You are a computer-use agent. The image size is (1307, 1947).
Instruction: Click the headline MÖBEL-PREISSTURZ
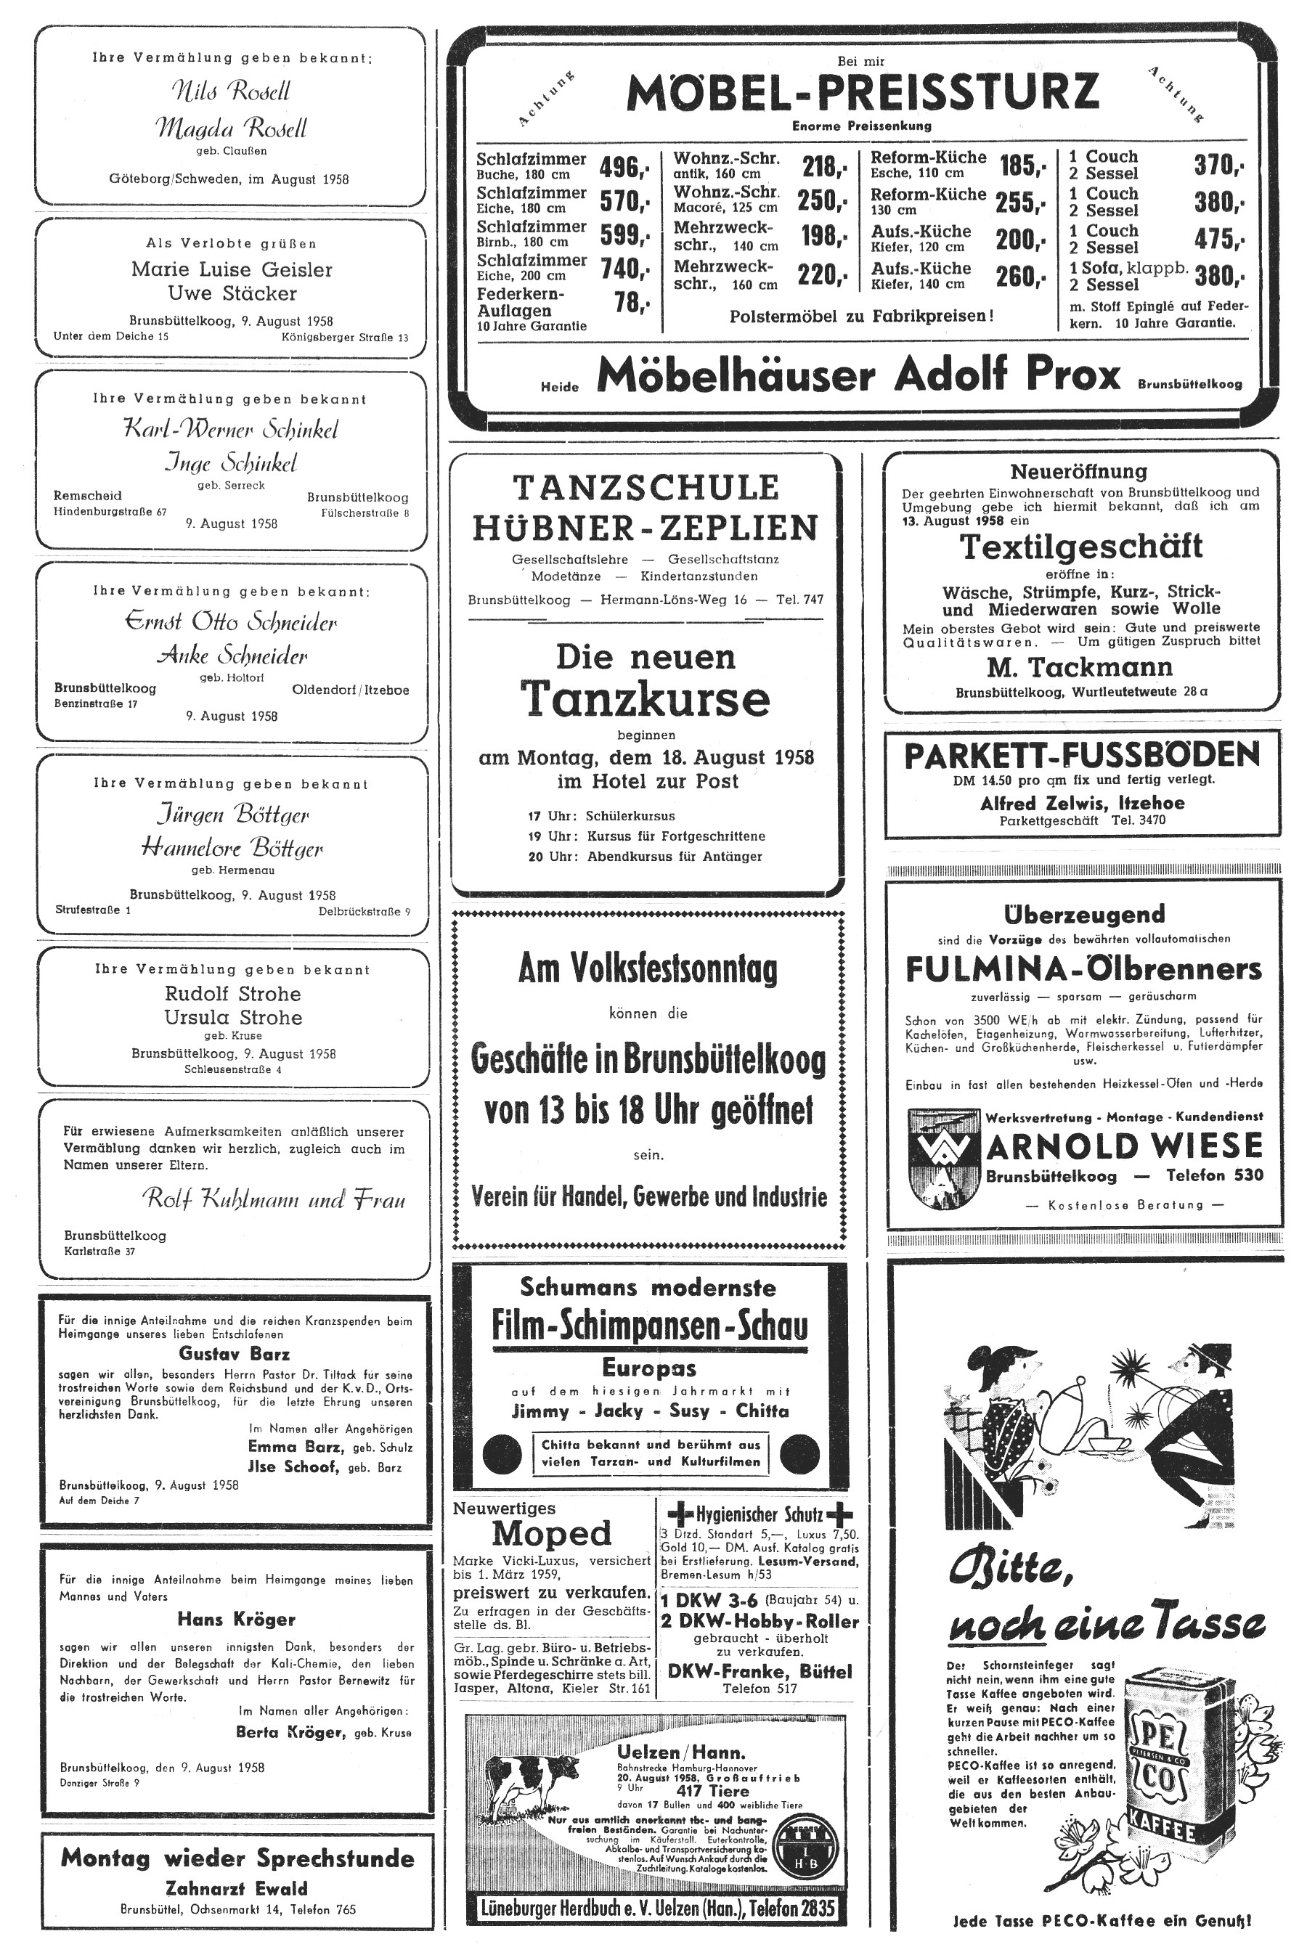coord(862,92)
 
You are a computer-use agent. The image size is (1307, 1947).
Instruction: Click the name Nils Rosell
coord(231,91)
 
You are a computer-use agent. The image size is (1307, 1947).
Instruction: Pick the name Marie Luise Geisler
coord(232,269)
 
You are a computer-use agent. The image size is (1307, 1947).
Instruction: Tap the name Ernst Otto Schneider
coord(231,621)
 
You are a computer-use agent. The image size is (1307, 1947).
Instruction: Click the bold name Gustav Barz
coord(235,1353)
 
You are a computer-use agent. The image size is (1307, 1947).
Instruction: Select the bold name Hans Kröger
coord(236,1619)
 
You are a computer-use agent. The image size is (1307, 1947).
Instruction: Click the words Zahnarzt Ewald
coord(237,1888)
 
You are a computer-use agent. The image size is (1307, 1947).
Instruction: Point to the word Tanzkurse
coord(646,698)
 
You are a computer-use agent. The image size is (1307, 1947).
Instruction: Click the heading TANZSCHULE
coord(646,486)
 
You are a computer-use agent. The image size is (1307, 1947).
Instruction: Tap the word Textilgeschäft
coord(1081,547)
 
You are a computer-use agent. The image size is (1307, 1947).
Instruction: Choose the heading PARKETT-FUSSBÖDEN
coord(1082,755)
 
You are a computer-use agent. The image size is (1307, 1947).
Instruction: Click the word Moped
coord(552,1533)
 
